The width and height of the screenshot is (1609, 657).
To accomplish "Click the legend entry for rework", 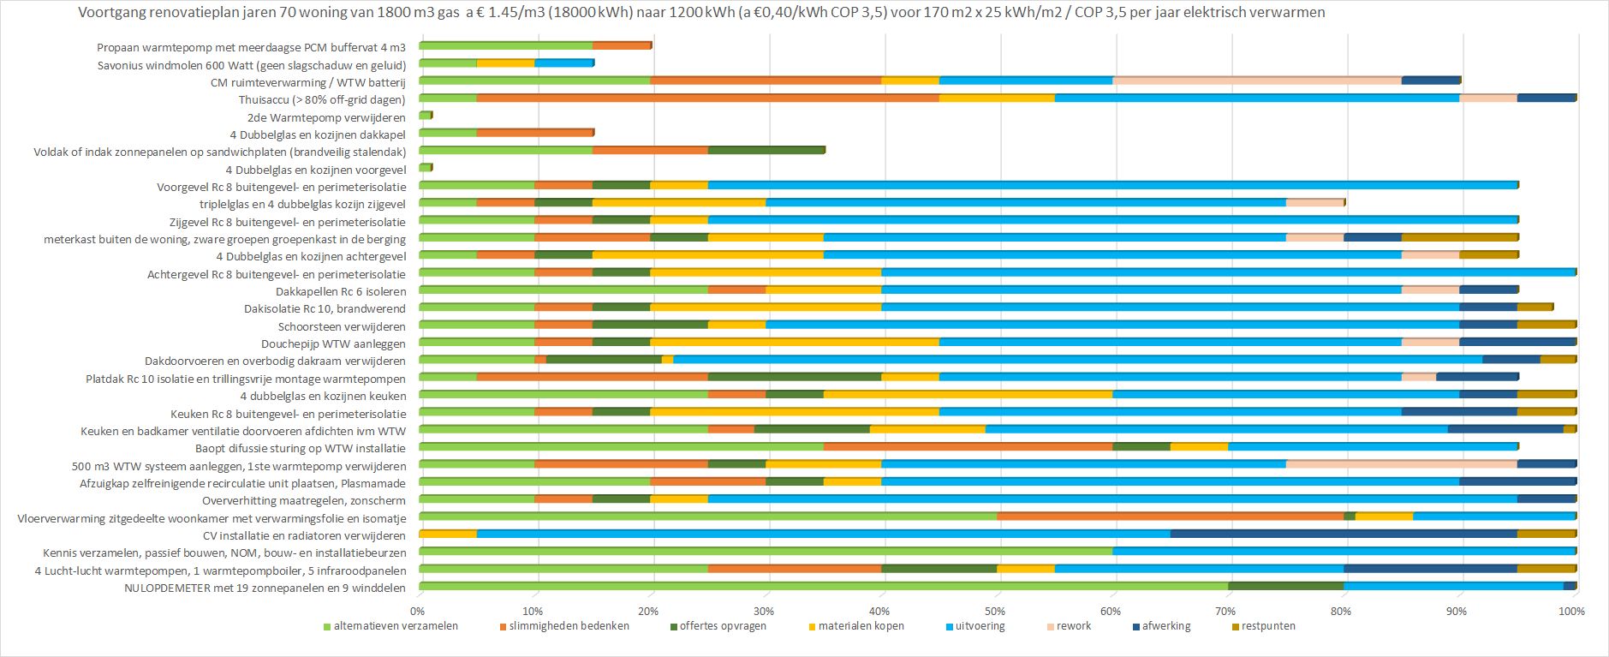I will click(1073, 626).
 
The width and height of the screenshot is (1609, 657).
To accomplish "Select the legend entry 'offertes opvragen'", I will click(723, 626).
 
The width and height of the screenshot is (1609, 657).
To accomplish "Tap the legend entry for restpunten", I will click(1267, 626).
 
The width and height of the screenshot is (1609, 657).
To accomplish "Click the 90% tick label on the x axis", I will click(1457, 611).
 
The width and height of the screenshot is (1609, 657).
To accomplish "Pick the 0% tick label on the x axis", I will click(417, 611).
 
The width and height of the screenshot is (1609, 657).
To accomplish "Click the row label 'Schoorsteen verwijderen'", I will click(342, 326).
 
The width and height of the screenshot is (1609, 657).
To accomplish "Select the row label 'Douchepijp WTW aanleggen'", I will click(333, 343).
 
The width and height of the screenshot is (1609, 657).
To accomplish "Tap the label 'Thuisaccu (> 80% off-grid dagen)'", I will click(322, 99).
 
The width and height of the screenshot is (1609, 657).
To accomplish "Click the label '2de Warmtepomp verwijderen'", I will click(326, 117).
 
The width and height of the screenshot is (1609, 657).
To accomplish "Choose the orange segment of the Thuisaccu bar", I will click(707, 98).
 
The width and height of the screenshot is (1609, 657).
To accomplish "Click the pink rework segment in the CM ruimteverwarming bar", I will click(1256, 81).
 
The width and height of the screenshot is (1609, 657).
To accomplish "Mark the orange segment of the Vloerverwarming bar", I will click(1170, 516).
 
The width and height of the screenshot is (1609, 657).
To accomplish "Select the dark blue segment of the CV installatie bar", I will click(1343, 534).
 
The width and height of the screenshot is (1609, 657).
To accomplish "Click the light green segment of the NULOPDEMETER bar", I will click(823, 586).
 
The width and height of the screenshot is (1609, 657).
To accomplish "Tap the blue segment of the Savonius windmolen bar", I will click(563, 63).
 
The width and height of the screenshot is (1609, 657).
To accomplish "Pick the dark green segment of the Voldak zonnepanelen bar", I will click(766, 150).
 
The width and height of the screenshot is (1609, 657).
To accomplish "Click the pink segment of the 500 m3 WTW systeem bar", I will click(1401, 463).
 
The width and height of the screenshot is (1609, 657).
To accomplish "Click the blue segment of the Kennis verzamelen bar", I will click(1344, 551).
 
